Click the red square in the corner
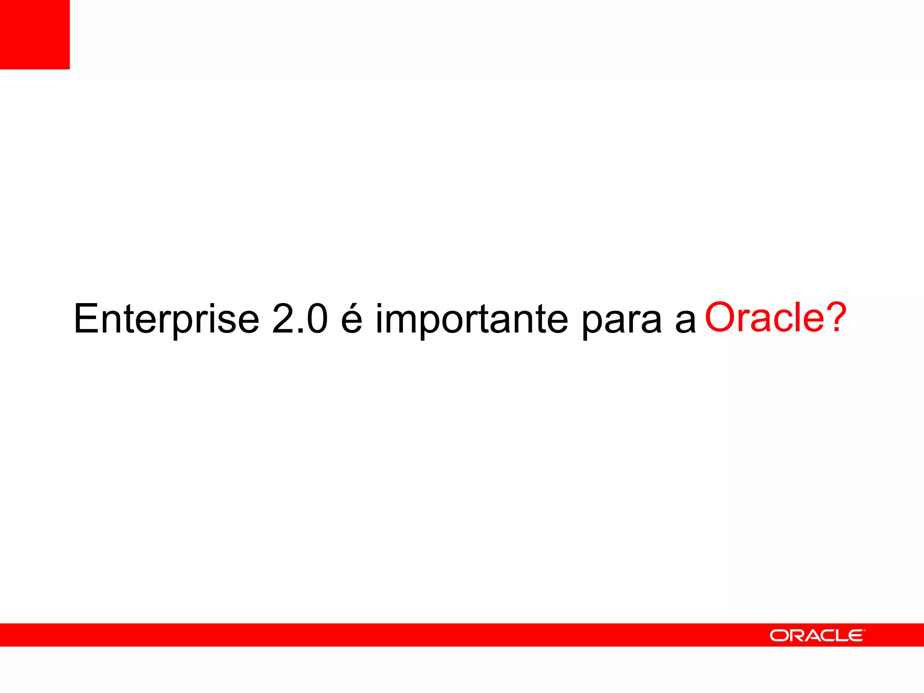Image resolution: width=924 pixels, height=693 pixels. [x=35, y=34]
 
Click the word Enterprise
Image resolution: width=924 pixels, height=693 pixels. [x=166, y=319]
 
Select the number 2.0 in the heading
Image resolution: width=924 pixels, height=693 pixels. [x=300, y=319]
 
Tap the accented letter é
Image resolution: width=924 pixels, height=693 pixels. [x=351, y=319]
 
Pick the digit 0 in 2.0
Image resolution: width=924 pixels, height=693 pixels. [x=316, y=319]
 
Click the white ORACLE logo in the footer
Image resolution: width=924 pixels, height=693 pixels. [x=817, y=636]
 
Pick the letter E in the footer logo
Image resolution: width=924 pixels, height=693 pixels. [x=855, y=636]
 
